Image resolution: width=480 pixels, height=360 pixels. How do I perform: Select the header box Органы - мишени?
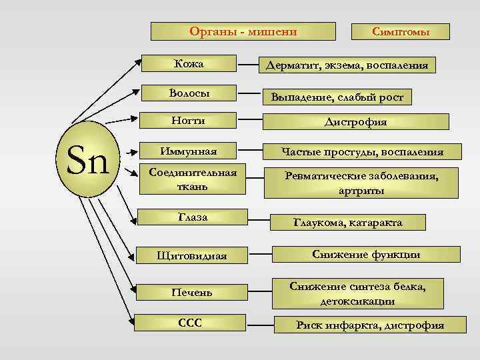pos(243,31)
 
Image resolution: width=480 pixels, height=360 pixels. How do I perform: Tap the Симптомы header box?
pos(401,32)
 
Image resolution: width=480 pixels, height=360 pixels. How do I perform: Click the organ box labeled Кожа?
pos(189,65)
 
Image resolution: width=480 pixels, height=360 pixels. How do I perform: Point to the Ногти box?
pos(189,121)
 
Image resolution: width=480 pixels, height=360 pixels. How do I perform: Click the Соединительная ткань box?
pos(192,179)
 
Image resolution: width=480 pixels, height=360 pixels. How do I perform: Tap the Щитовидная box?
pos(192,255)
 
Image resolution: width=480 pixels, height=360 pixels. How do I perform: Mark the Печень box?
pos(192,292)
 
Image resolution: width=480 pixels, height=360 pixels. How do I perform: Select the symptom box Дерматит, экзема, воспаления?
pos(347,65)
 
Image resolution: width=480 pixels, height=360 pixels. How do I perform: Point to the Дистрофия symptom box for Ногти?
pos(365,122)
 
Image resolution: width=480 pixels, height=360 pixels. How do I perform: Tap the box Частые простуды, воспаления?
pos(363,152)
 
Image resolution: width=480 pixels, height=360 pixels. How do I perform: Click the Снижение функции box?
pos(367,254)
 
